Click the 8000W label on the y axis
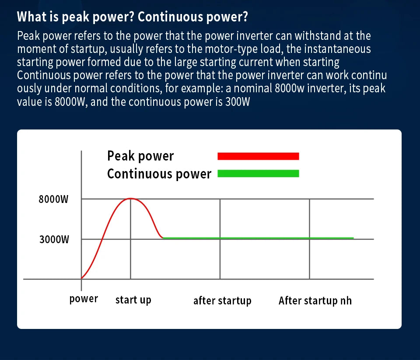(53, 199)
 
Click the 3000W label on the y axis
(54, 239)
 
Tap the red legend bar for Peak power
(258, 156)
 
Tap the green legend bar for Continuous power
(258, 174)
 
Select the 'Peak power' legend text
(140, 156)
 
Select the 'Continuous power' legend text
(159, 174)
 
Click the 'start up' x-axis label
(133, 300)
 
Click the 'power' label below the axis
(84, 299)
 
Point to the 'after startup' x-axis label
(222, 301)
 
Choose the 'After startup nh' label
(315, 301)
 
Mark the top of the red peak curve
(130, 199)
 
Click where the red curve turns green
(163, 238)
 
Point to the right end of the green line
(353, 238)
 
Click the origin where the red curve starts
(81, 279)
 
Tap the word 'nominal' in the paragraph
(253, 88)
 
